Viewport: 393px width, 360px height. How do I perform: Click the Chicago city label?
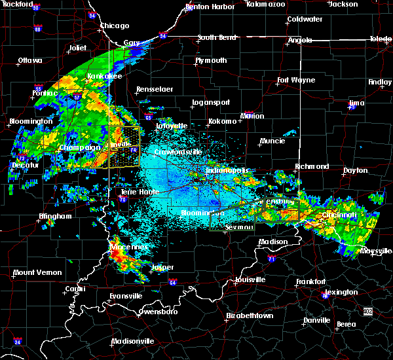[115, 26]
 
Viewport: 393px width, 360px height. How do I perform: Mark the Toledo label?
[381, 39]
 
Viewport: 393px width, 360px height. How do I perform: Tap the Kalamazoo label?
[266, 4]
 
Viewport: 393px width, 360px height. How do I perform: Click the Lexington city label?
[341, 292]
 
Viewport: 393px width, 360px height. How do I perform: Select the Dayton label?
[356, 170]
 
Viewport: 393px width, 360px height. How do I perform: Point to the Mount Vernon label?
[37, 272]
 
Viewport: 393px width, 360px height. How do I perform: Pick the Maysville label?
[375, 251]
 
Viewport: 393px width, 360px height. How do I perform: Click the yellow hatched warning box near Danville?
[124, 147]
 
